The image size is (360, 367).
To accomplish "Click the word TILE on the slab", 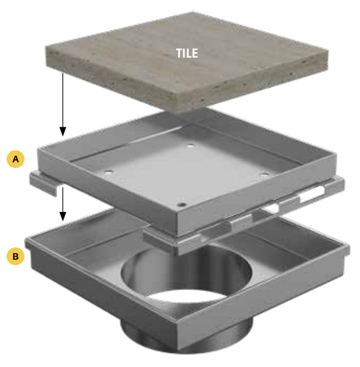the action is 187,53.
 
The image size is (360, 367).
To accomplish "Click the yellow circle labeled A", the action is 15,159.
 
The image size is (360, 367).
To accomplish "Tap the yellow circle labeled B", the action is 15,256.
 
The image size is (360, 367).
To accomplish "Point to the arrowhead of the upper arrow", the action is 63,132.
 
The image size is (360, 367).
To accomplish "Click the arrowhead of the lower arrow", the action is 63,216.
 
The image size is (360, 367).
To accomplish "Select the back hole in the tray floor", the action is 191,146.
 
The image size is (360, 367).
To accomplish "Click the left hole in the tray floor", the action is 108,172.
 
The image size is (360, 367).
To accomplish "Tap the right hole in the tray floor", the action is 264,175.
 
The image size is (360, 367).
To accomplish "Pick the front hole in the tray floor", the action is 182,205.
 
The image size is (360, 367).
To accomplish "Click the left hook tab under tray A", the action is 44,184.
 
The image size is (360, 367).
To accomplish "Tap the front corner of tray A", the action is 177,234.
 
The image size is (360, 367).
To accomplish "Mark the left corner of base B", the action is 26,240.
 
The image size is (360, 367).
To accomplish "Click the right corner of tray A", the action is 335,154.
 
